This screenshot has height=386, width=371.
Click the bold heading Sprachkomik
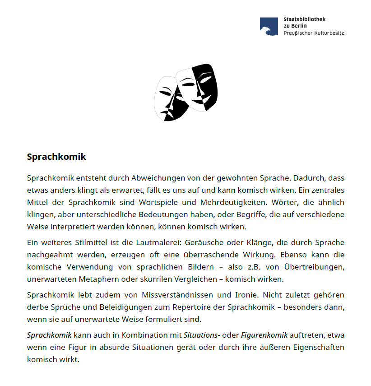pos(56,157)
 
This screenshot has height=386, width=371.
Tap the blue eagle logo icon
pos(269,26)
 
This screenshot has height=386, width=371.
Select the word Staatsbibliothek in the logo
pos(305,19)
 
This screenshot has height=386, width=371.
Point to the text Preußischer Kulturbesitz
pos(314,33)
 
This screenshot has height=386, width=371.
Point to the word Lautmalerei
pos(165,243)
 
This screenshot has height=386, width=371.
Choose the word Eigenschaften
pos(317,348)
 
